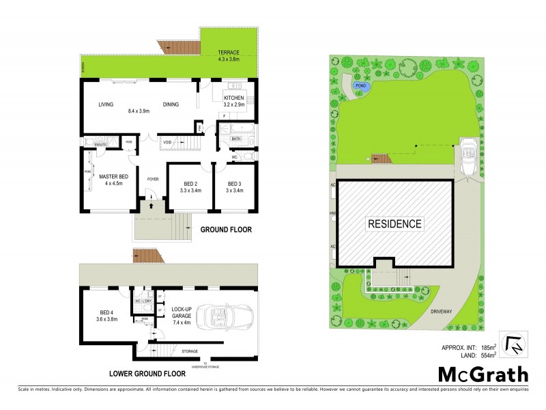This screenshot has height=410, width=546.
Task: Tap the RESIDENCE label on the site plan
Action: pyautogui.click(x=394, y=223)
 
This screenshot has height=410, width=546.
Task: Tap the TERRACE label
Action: pyautogui.click(x=229, y=53)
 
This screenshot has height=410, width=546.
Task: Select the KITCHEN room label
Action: pyautogui.click(x=233, y=98)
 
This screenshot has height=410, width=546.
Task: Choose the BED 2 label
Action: pyautogui.click(x=190, y=183)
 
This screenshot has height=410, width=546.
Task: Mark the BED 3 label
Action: pyautogui.click(x=235, y=183)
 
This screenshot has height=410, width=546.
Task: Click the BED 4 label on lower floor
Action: pyautogui.click(x=103, y=314)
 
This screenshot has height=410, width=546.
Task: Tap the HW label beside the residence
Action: pyautogui.click(x=332, y=213)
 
